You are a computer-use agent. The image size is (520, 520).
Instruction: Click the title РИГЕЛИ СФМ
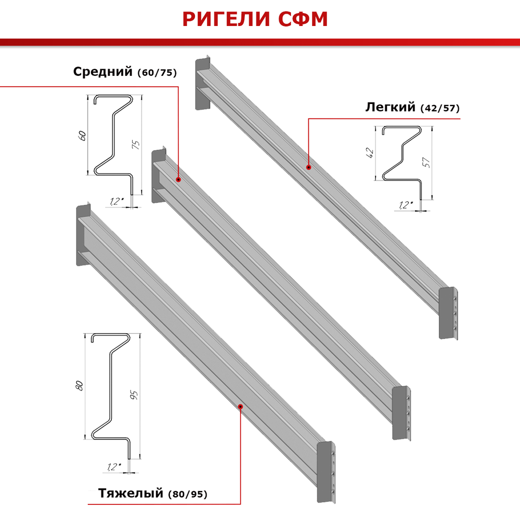point(255,19)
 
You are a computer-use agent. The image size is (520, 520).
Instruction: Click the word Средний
point(103,72)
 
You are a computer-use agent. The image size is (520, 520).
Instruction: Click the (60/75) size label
point(158,73)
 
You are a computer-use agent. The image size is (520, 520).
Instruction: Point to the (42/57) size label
point(440,109)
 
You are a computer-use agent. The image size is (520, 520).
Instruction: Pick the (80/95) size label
point(188,495)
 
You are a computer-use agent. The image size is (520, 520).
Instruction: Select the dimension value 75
point(136,145)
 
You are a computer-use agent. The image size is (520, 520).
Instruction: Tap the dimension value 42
point(370,153)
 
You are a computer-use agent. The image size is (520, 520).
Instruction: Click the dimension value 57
point(426,163)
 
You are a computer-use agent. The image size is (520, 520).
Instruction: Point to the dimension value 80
point(79,385)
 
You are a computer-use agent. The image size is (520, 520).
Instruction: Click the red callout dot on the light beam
point(308,167)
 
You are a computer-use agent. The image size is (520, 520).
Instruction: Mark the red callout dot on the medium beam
point(178,179)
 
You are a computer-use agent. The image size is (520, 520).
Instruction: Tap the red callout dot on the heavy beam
point(240,407)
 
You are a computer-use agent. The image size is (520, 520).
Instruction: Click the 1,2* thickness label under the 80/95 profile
point(114,467)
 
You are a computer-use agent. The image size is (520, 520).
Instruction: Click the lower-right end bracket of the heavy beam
point(326,472)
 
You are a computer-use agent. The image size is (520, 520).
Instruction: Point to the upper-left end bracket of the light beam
point(202,83)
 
